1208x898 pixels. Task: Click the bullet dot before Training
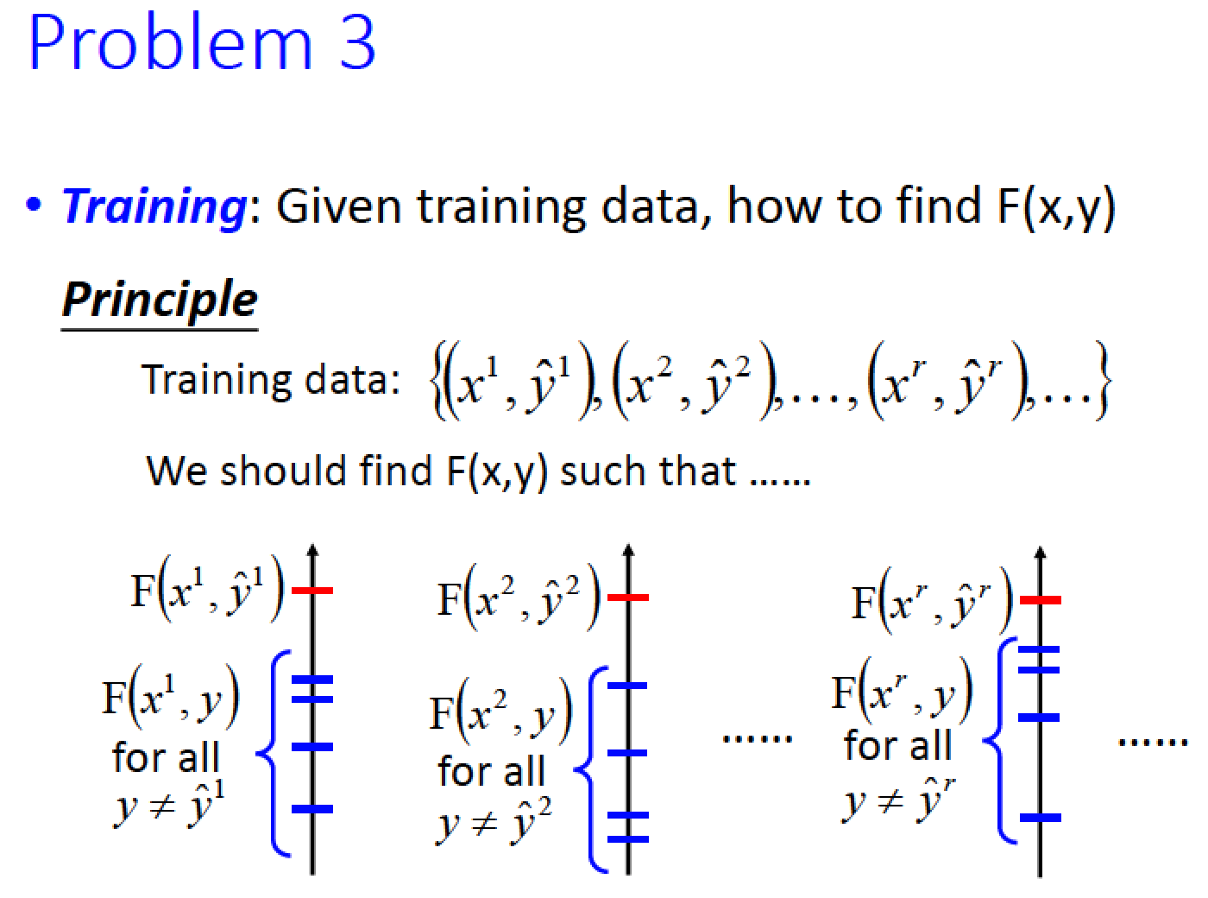click(34, 205)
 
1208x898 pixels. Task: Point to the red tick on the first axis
click(312, 591)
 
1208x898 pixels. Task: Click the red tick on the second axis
click(628, 598)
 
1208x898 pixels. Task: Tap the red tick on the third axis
click(1041, 600)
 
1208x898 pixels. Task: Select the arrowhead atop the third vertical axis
click(1041, 552)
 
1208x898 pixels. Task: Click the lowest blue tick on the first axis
click(312, 809)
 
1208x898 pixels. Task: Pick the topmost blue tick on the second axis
click(627, 686)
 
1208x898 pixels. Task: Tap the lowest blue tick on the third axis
click(1041, 818)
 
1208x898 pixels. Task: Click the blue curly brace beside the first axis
click(273, 754)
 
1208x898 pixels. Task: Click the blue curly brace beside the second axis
click(590, 770)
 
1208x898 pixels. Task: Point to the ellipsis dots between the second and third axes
click(757, 739)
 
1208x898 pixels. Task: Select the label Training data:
click(271, 379)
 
